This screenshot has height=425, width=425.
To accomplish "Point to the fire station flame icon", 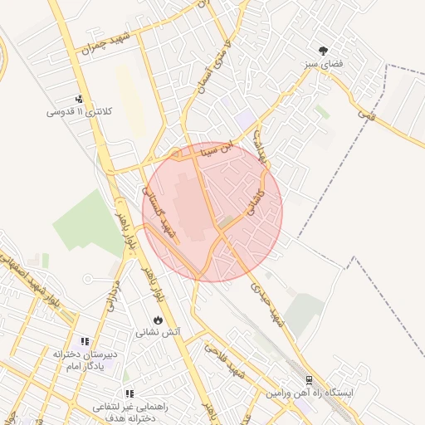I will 158,320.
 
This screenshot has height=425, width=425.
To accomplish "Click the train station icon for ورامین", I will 309,379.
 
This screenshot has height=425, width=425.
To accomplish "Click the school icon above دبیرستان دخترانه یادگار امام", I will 84,341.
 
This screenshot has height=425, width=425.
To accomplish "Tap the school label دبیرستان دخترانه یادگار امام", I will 84,359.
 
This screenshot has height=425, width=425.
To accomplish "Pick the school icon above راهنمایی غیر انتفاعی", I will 128,393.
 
